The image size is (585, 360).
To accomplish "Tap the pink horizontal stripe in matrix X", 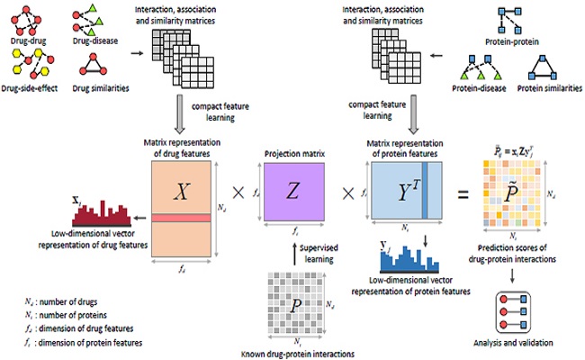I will [x=184, y=217].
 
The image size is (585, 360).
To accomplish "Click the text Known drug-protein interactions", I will [x=297, y=351].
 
